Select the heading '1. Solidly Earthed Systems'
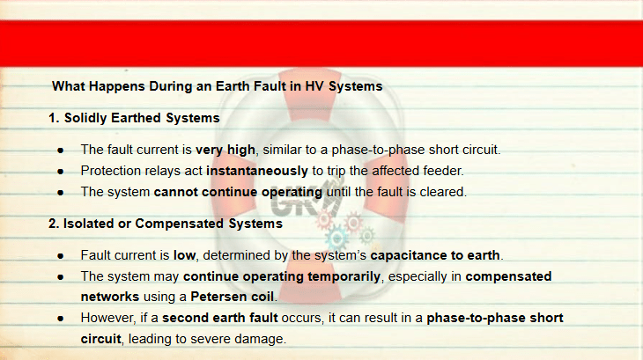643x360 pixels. tap(134, 118)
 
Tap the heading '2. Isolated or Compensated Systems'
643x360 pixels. tap(166, 224)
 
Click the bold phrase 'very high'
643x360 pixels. tap(225, 150)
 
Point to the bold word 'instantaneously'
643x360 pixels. tap(256, 171)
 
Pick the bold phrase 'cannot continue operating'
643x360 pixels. tap(238, 192)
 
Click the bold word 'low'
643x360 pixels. tap(185, 255)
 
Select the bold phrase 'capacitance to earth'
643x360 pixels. tap(435, 255)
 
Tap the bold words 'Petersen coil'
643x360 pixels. tap(233, 297)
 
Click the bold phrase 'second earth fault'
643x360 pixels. tap(220, 318)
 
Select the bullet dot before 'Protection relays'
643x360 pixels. tap(61, 172)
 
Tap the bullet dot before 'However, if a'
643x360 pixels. tap(61, 319)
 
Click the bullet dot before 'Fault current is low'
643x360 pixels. tap(61, 256)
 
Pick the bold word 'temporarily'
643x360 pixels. tap(344, 277)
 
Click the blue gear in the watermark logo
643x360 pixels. tap(337, 238)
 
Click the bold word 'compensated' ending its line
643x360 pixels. tap(508, 276)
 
